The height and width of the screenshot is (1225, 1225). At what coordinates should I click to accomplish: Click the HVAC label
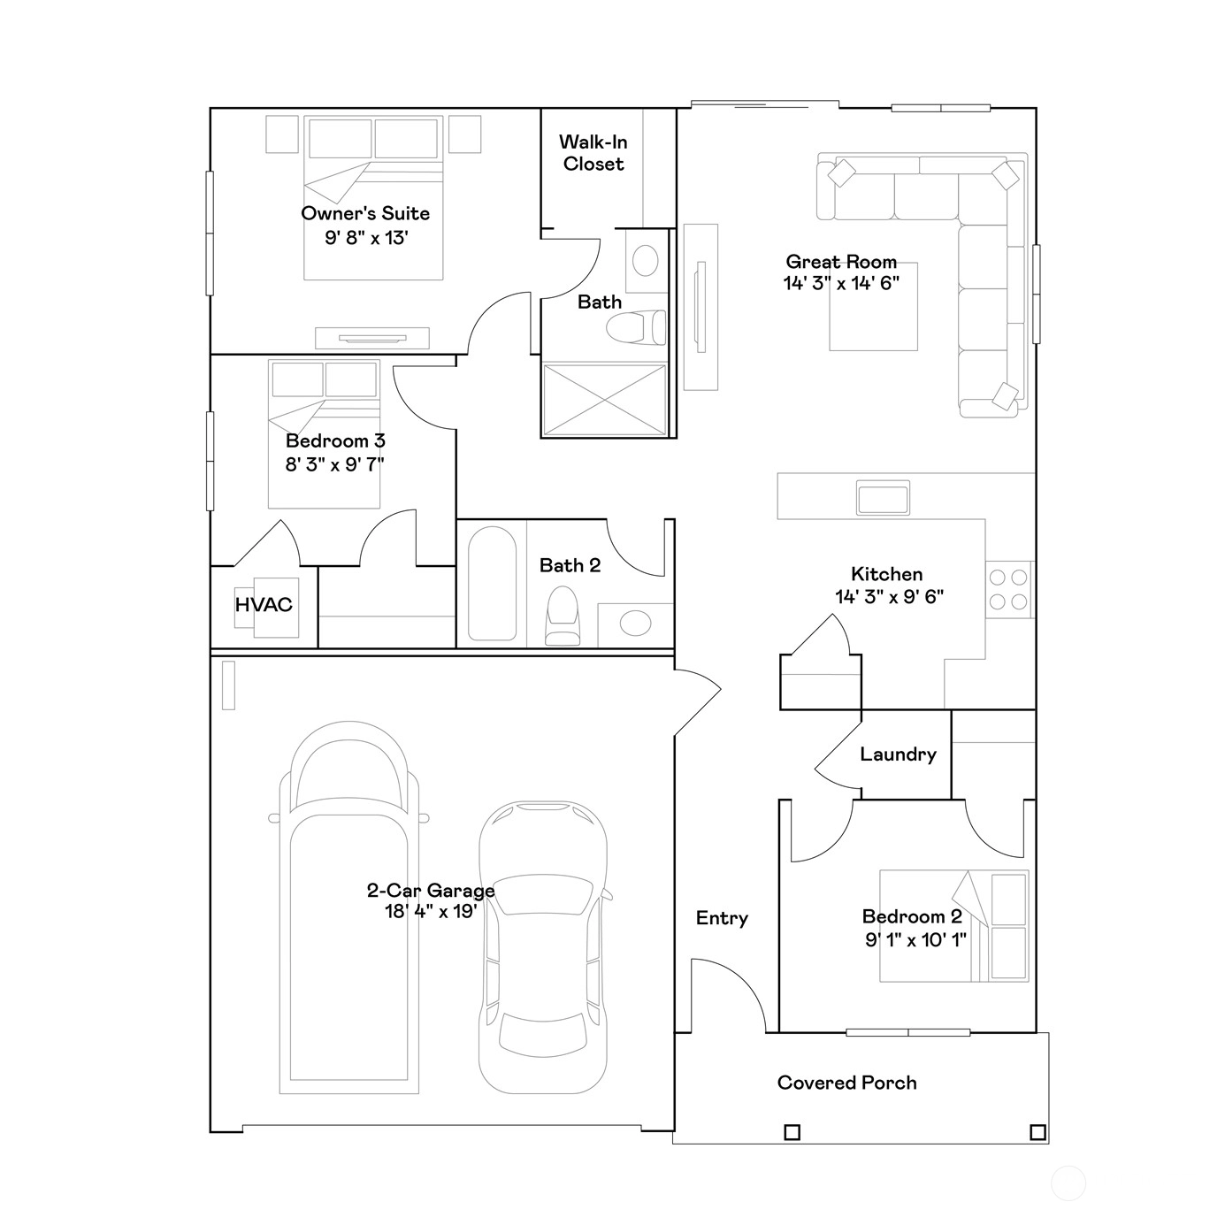tap(264, 605)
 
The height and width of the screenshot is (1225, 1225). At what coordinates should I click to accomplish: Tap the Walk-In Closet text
tap(593, 152)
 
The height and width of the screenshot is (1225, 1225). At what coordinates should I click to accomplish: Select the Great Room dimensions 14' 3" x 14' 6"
tap(842, 284)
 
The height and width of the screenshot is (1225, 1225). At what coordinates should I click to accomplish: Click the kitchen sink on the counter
tap(883, 498)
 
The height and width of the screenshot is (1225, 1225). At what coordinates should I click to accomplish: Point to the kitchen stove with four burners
tap(1009, 589)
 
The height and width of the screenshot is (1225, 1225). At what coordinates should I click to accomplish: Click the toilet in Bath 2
tap(563, 616)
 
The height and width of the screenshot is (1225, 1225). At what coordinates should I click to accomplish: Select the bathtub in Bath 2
tap(492, 584)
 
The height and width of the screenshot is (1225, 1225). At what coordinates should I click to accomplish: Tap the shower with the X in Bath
tap(605, 400)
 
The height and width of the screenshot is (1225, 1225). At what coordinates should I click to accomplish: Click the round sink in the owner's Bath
tap(646, 261)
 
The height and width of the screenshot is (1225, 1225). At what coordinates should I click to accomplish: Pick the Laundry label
tap(899, 754)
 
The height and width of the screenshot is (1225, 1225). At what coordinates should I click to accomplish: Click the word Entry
tap(722, 918)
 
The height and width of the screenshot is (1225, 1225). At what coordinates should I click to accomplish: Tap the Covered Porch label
tap(846, 1083)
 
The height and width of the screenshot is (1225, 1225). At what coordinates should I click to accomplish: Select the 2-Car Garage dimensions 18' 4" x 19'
tap(431, 912)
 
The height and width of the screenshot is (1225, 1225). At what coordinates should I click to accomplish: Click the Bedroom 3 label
tap(335, 440)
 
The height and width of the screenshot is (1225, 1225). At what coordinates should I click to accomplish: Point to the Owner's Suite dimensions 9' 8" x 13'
tap(366, 238)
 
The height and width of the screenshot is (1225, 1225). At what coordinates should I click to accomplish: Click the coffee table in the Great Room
tap(874, 306)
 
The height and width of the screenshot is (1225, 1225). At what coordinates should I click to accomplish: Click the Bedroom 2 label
tap(912, 916)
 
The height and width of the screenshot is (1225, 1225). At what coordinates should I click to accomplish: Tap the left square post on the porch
tap(792, 1132)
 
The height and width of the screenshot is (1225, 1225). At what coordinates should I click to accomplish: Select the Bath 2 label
tap(570, 565)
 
